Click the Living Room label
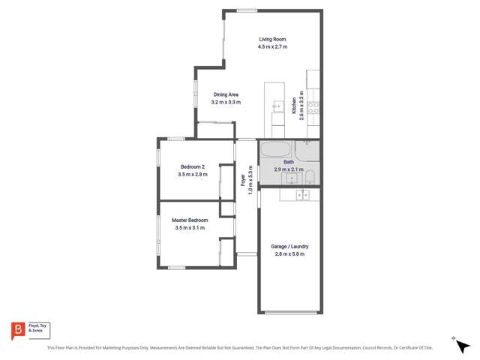point(273,39)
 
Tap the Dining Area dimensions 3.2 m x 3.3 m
point(226,102)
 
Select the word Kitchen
point(293,105)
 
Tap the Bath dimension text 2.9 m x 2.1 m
point(288,169)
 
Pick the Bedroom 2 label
point(193,166)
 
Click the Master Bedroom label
point(190,220)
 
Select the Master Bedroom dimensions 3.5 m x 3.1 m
point(190,227)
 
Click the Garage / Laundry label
point(289,247)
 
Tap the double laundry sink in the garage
point(302,195)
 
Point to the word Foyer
point(243,181)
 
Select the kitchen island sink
point(275,105)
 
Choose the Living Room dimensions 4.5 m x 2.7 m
point(273,46)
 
